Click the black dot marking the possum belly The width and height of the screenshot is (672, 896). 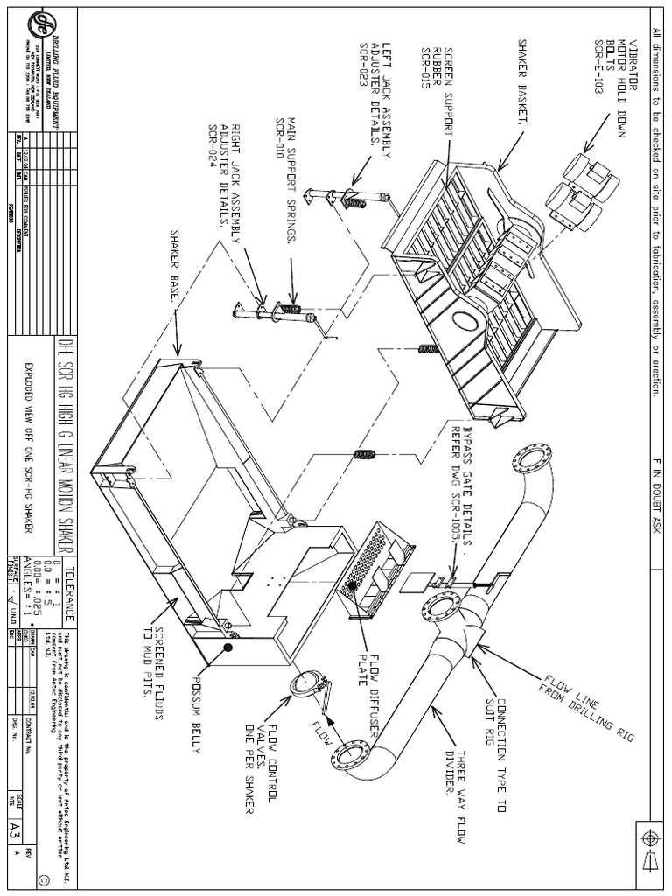click(x=228, y=647)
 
